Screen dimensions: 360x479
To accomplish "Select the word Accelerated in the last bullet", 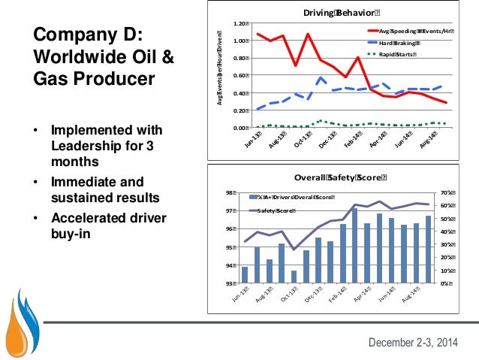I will (x=89, y=219).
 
